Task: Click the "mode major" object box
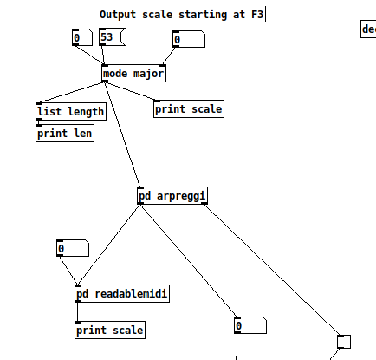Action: [133, 74]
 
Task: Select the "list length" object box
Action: [71, 111]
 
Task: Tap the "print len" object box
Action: [65, 134]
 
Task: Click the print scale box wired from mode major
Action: [189, 109]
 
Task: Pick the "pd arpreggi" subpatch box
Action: [172, 196]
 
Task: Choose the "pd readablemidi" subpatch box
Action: [122, 294]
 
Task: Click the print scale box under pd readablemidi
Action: [110, 330]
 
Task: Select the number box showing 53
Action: [111, 37]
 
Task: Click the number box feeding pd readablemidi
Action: [71, 249]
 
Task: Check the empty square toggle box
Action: [344, 341]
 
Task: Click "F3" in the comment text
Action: [257, 15]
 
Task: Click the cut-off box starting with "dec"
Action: [368, 29]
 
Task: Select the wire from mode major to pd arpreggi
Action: [121, 134]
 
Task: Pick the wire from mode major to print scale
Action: [131, 92]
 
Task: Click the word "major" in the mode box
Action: [147, 74]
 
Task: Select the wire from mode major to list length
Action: [70, 93]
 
